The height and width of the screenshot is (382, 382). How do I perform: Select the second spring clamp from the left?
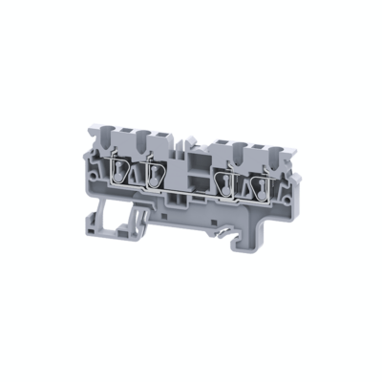pyautogui.click(x=155, y=172)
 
